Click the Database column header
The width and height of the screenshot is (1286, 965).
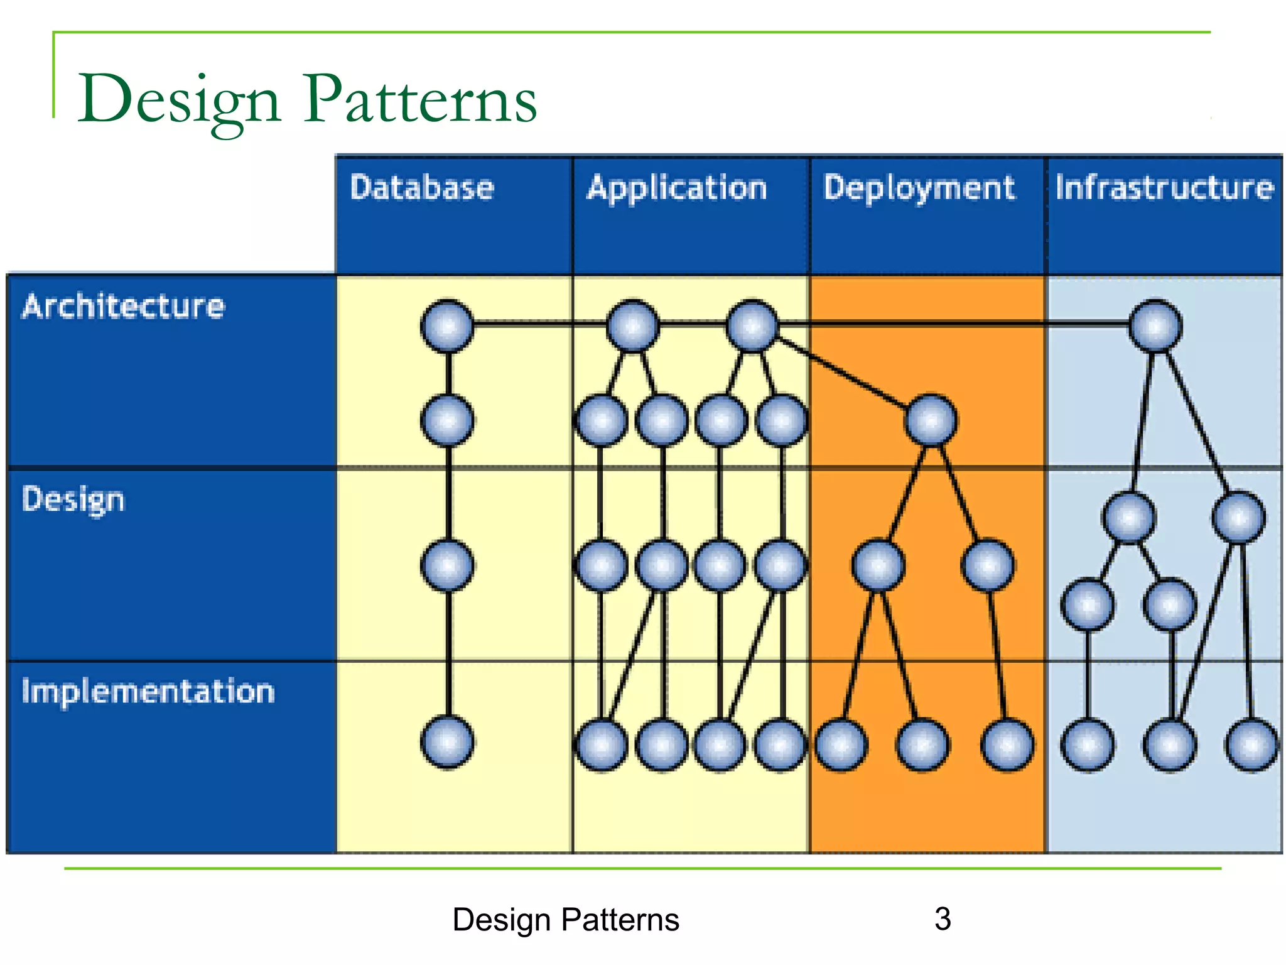(422, 188)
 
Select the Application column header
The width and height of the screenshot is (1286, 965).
(677, 188)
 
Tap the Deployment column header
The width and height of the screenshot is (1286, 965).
(919, 188)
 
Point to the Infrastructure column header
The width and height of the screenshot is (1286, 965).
(1164, 188)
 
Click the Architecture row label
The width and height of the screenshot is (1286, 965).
(123, 307)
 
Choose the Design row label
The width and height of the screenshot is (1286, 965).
(73, 500)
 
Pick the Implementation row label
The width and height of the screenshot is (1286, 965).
(148, 692)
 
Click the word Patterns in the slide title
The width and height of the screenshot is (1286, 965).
(420, 99)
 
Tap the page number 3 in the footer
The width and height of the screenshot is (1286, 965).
(943, 919)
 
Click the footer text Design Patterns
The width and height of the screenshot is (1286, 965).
(565, 920)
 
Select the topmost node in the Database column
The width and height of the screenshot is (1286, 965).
(447, 325)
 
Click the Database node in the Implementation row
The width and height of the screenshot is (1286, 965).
(447, 743)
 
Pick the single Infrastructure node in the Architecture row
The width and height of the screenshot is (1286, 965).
(1155, 325)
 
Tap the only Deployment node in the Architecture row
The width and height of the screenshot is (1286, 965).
(931, 420)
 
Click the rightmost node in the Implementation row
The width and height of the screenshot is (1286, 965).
(1251, 745)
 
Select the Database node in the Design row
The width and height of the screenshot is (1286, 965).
(447, 565)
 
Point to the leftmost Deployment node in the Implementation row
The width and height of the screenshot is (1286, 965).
(841, 745)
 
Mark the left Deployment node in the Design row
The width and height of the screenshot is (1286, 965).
(878, 565)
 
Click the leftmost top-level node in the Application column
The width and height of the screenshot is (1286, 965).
(632, 325)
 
